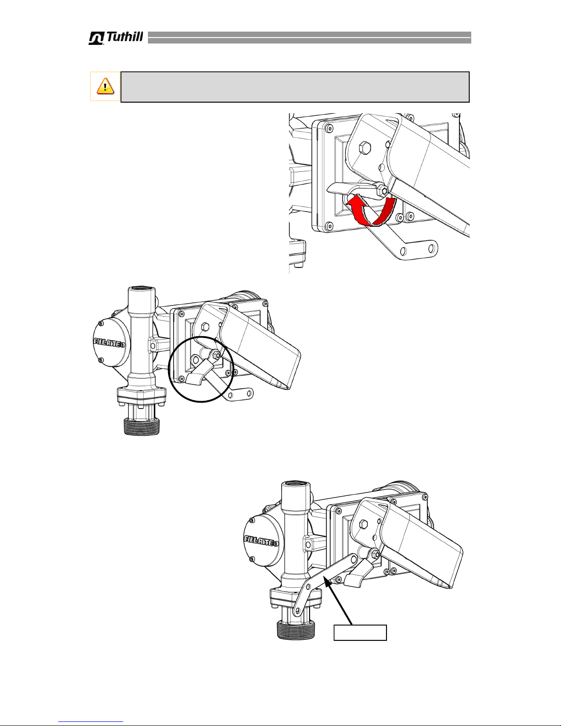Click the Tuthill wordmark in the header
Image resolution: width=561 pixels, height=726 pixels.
coord(116,38)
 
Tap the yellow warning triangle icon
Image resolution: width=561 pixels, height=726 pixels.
coord(105,86)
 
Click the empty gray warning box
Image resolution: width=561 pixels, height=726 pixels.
coord(295,87)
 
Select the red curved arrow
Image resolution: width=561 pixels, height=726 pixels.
coord(370,211)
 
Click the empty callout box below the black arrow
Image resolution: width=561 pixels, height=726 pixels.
coord(360,633)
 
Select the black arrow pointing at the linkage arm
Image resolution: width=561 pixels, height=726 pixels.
coord(340,602)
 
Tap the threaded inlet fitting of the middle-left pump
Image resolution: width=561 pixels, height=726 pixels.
coord(142,426)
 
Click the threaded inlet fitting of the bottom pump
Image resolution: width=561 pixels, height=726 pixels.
coord(295,630)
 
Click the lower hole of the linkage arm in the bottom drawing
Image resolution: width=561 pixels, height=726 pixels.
coord(296,612)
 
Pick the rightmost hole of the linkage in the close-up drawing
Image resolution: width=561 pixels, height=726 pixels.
coord(431,248)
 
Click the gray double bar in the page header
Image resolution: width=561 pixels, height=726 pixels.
coord(309,38)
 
